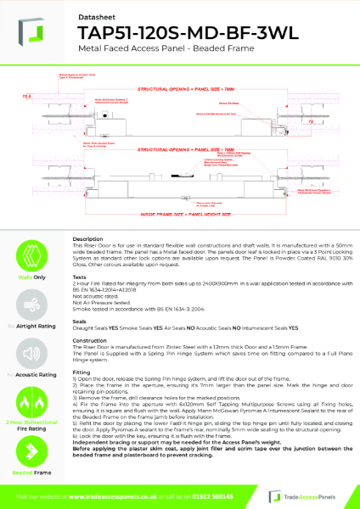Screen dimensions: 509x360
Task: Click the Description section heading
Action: tap(88, 240)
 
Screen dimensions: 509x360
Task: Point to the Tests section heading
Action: tap(82, 276)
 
